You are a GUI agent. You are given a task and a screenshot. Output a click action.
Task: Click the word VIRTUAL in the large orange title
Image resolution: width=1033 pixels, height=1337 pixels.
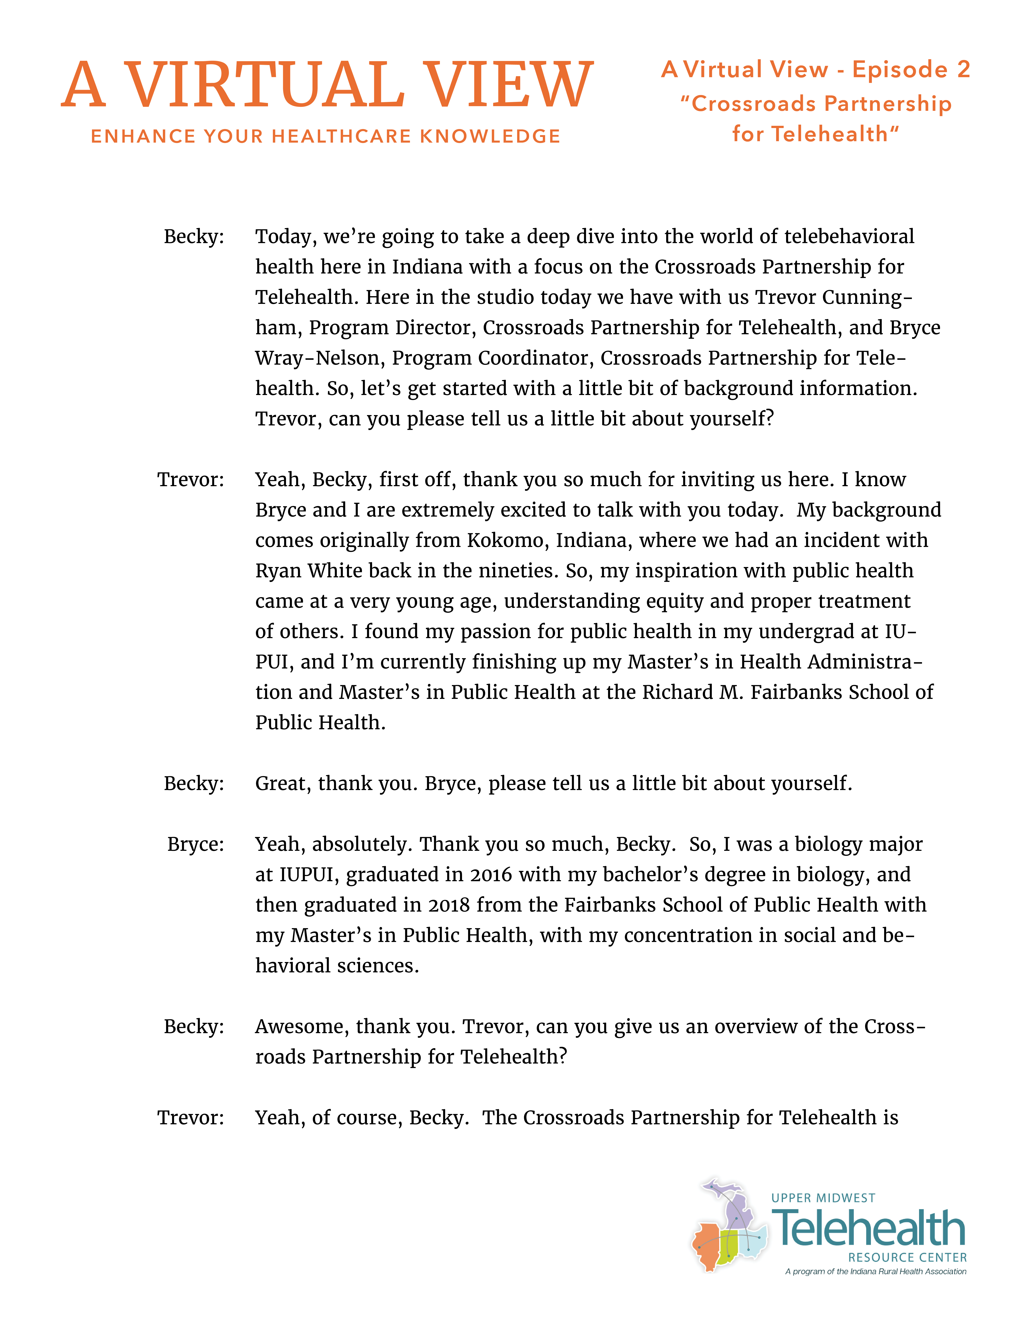click(x=264, y=86)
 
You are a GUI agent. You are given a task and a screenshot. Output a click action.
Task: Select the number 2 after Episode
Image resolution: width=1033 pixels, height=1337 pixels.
click(x=963, y=70)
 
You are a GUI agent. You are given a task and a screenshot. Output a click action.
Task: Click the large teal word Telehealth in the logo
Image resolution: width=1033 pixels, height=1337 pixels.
click(x=869, y=1229)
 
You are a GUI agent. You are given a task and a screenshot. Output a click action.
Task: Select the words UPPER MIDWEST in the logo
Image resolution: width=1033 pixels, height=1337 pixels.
click(x=823, y=1198)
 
